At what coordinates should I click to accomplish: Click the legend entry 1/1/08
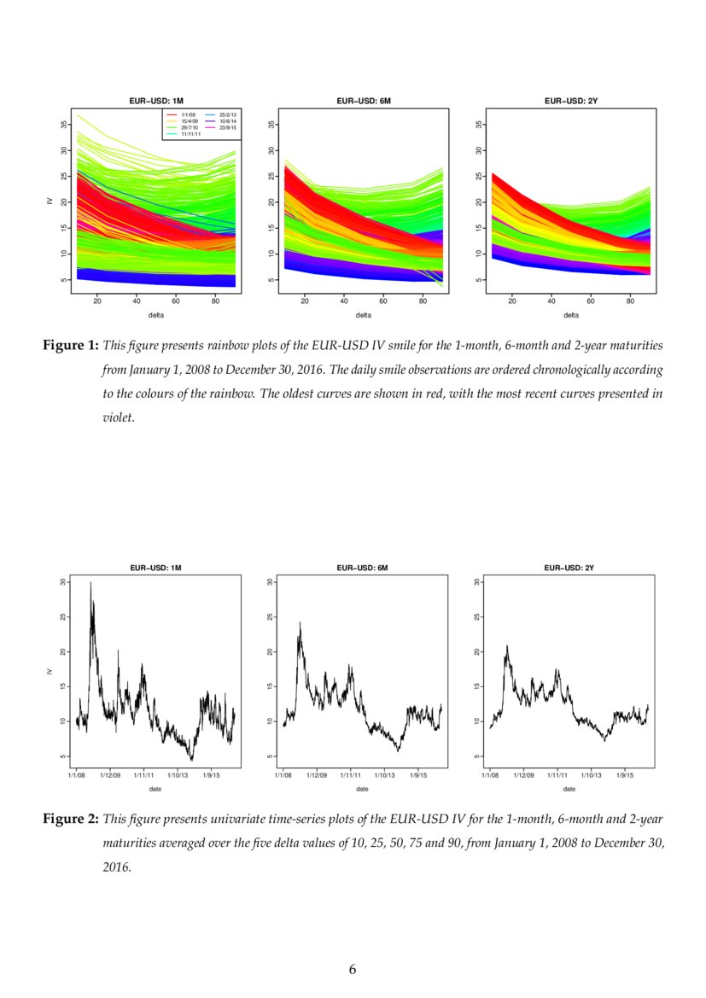tap(187, 114)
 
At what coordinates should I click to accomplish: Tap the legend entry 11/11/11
tap(190, 134)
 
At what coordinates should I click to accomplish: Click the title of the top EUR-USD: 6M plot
tap(364, 101)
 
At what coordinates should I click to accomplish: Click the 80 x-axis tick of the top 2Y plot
tap(630, 301)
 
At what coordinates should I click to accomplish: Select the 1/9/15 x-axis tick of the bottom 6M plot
tap(418, 775)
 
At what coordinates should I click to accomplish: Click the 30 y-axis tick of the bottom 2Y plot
tap(476, 582)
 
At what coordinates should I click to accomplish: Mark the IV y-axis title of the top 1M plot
tap(50, 201)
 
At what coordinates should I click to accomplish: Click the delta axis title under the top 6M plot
tap(364, 314)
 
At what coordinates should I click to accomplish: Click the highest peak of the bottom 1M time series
tap(90, 583)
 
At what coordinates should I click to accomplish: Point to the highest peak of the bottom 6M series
tap(300, 622)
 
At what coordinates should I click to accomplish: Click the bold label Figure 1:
tap(71, 346)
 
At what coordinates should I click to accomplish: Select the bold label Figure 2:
tap(71, 820)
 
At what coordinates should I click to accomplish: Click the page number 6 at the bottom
tap(353, 969)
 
